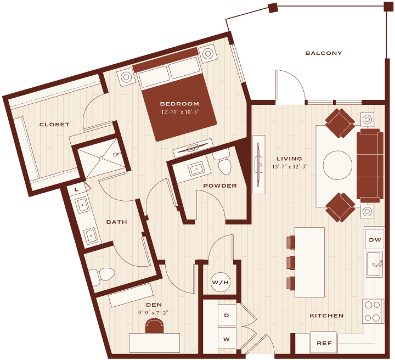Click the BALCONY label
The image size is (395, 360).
pos(324,53)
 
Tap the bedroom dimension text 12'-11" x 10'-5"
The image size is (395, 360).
pos(180,112)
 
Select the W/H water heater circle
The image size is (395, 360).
pos(220,282)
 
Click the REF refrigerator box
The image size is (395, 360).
pos(324,343)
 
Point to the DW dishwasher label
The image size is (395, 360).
pos(375,240)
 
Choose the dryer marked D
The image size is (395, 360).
pos(227,315)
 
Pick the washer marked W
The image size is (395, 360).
pos(227,339)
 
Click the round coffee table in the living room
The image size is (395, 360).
pos(337,165)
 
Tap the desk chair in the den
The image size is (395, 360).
pos(154,326)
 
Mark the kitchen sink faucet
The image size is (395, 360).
pos(378,264)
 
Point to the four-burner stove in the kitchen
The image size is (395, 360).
pos(373,311)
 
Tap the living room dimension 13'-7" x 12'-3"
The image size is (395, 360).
pos(290,167)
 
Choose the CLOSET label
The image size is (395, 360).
pos(54,125)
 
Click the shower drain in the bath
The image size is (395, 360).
pos(101,158)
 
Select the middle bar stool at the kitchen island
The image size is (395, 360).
pos(291,262)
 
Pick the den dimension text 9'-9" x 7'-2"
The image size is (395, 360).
pos(153,313)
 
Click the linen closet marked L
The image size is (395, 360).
pos(77,189)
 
